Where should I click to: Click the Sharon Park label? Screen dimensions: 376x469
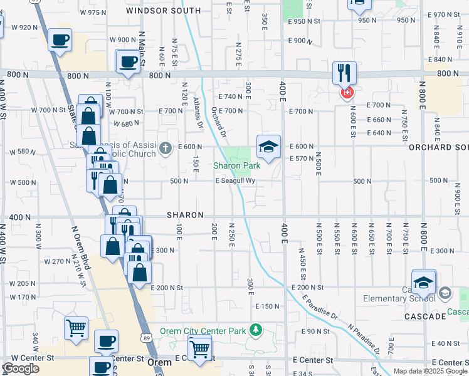click(236, 166)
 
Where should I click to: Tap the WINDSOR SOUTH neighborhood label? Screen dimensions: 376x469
click(163, 11)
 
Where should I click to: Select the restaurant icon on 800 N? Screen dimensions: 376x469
click(344, 72)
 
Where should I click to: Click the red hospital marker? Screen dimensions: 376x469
click(346, 93)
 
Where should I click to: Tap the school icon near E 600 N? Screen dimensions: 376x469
click(268, 147)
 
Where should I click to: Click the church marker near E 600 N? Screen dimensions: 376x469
click(166, 148)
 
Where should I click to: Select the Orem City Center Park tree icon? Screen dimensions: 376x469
click(255, 330)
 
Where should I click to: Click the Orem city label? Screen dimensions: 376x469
click(159, 362)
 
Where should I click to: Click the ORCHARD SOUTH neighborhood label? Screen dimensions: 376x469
click(438, 147)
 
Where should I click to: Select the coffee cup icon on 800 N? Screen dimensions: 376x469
click(129, 62)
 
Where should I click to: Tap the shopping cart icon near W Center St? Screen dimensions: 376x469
click(76, 327)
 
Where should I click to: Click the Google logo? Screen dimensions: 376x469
click(21, 368)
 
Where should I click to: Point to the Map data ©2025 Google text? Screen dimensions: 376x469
click(430, 371)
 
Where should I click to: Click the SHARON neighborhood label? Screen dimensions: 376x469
click(185, 215)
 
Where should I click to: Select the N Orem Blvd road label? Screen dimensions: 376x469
click(81, 248)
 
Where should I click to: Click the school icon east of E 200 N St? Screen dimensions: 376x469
click(424, 282)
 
